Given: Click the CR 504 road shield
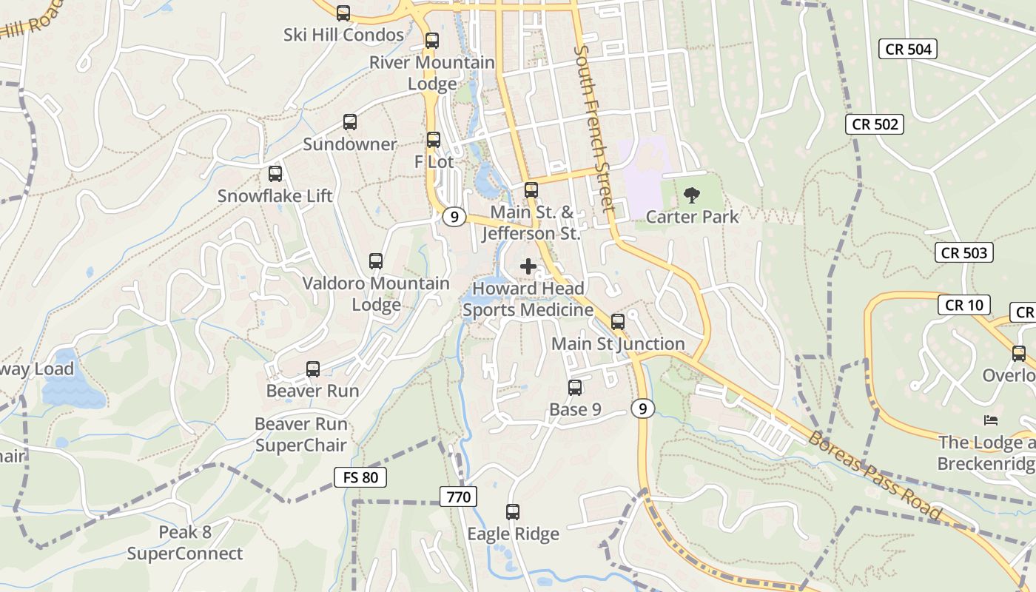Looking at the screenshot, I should click(x=908, y=50).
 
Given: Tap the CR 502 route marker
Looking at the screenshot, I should click(x=875, y=124).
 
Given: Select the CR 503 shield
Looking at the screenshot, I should click(x=963, y=252).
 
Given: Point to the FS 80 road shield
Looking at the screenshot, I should click(x=360, y=477).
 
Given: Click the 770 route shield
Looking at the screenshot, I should click(x=458, y=497).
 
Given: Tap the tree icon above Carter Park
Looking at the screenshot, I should click(x=692, y=195).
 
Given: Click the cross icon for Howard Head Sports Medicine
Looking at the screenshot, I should click(x=528, y=266).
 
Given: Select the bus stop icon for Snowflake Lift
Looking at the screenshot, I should click(x=275, y=174).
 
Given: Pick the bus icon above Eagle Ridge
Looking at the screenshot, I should click(x=513, y=511).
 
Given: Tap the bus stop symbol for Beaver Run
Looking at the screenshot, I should click(x=313, y=369).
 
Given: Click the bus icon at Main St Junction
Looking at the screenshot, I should click(x=618, y=322).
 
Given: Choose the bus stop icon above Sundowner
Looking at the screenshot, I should click(x=350, y=122).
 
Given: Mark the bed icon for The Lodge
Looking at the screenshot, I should click(x=991, y=420).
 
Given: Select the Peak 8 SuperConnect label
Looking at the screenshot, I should click(x=185, y=542).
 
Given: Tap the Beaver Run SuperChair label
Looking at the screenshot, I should click(x=300, y=434).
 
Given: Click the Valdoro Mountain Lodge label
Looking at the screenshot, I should click(x=376, y=294).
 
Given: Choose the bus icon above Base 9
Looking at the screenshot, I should click(x=575, y=388).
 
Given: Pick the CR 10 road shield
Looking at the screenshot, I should click(x=963, y=305).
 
